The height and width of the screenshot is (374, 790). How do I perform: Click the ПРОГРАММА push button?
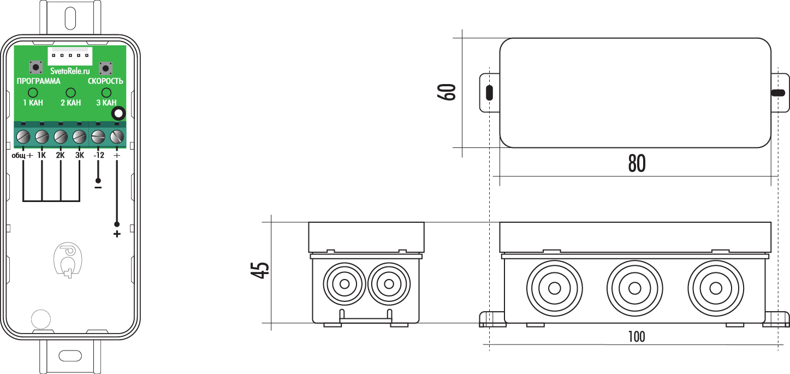coord(35,67)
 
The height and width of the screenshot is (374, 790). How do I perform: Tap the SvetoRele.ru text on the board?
coord(70,71)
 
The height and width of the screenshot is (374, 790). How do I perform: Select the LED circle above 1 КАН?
coord(33,93)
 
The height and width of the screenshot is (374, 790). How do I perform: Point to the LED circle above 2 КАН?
coord(71,93)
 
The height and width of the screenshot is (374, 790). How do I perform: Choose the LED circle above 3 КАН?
coord(106,93)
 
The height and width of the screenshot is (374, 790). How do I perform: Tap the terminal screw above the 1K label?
coord(42,136)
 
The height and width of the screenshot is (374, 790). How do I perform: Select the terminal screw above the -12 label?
coord(98,136)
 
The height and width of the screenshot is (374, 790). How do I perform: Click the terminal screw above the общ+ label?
coord(23,136)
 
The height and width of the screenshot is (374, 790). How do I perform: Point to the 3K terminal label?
coord(80,155)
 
